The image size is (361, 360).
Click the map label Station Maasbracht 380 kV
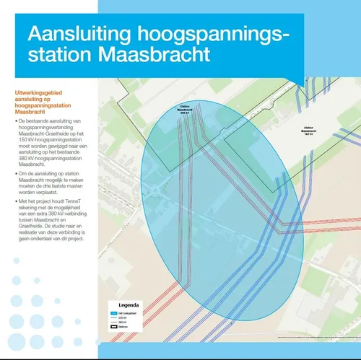tap(184, 110)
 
